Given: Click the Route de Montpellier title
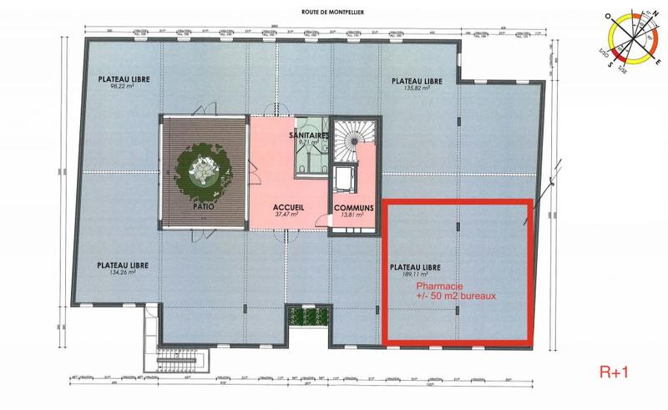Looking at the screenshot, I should (333, 12).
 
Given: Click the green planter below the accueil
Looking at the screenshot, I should (300, 318).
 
